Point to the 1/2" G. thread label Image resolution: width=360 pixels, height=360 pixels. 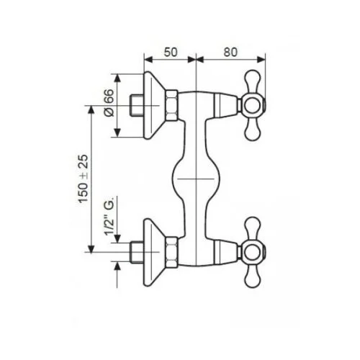pos(109,226)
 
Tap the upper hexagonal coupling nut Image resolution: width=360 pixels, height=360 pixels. pos(173,106)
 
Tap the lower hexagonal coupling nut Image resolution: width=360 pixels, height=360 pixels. pos(173,251)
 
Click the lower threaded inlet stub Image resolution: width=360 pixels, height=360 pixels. pos(134,251)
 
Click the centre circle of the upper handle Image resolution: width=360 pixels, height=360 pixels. pos(253,106)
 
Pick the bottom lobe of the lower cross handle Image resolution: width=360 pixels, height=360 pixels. pos(253,277)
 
